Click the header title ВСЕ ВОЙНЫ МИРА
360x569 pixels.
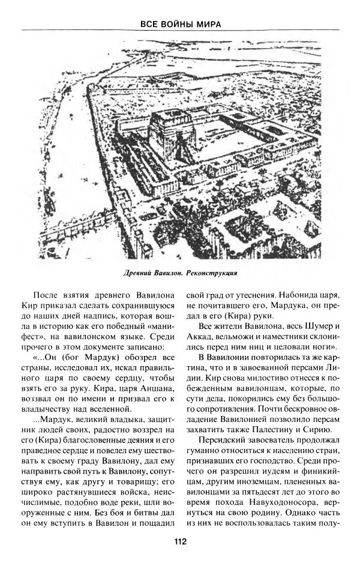(x=180, y=24)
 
